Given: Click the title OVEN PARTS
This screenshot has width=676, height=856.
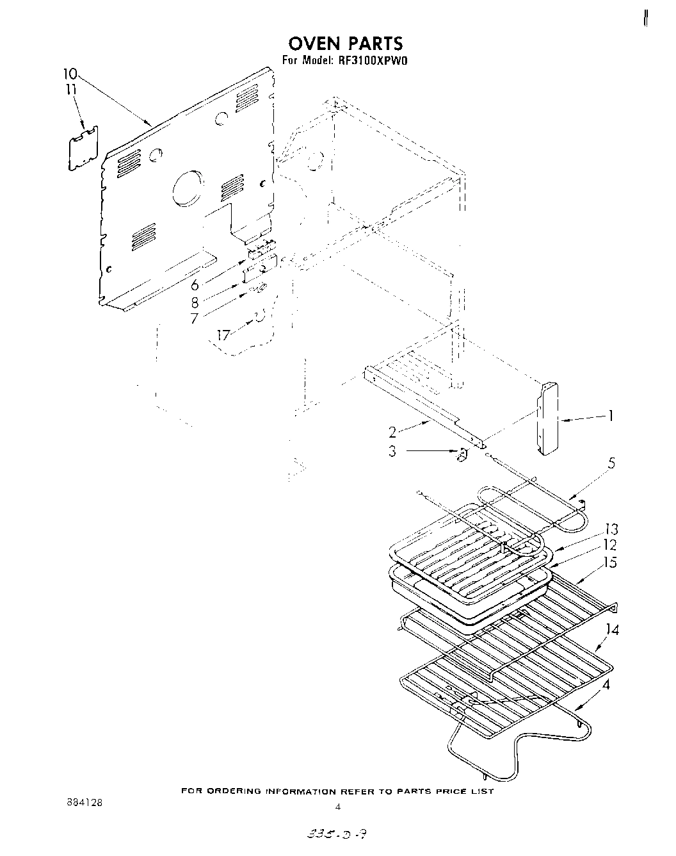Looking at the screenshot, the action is (346, 43).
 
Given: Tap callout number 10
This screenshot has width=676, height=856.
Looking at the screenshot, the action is (70, 73).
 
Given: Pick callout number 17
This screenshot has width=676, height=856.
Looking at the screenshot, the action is (223, 334).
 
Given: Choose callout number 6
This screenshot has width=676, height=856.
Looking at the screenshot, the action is (195, 286).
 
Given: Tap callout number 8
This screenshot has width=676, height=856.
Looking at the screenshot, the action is (195, 302).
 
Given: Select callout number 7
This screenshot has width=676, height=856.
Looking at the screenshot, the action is (195, 318).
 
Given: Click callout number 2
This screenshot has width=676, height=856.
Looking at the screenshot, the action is (393, 432).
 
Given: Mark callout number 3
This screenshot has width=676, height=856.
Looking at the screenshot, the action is (392, 450).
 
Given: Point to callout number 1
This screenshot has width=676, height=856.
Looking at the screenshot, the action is (611, 416).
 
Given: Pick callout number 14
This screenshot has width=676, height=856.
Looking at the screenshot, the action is (612, 630).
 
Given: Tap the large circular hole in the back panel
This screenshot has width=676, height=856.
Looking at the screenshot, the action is (188, 188).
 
